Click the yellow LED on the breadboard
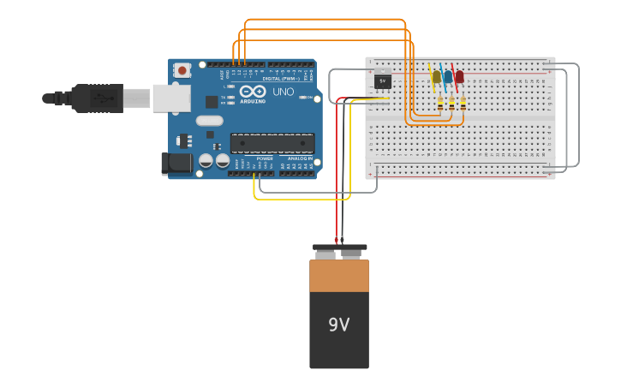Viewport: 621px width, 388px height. (x=436, y=77)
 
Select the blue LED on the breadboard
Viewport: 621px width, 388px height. (x=448, y=77)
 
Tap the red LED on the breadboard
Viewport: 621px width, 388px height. (x=459, y=77)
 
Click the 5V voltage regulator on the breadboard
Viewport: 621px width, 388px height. (x=383, y=81)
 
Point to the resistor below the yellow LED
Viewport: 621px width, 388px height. (x=440, y=104)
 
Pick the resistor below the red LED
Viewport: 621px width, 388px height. (x=463, y=104)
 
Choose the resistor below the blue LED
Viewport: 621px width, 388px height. (x=451, y=104)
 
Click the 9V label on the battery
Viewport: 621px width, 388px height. (x=339, y=325)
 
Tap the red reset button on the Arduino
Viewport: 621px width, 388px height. (x=182, y=70)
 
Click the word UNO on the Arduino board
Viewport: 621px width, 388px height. (x=283, y=92)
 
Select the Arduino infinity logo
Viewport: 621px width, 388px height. (x=253, y=91)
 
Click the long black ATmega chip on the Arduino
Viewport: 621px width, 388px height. (x=272, y=143)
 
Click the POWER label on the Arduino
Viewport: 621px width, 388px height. (x=265, y=158)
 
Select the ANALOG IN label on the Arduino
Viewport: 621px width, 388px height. (x=300, y=158)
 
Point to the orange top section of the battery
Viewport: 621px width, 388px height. (x=339, y=276)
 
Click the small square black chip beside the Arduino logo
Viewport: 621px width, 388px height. (x=212, y=101)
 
